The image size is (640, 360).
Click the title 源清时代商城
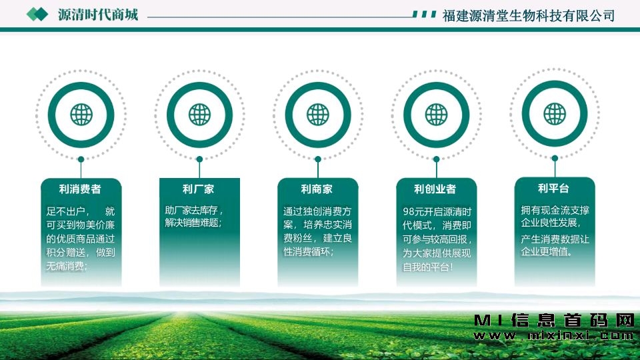click(x=98, y=15)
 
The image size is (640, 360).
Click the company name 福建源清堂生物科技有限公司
click(x=529, y=16)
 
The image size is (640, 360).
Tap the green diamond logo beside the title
click(x=37, y=15)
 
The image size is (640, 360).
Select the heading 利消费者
click(x=80, y=189)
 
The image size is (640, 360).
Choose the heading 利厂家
click(x=199, y=189)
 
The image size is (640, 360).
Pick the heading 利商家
click(x=317, y=189)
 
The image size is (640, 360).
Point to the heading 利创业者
click(x=435, y=189)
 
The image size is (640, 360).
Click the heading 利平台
click(x=553, y=188)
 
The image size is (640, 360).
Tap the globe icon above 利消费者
click(x=81, y=115)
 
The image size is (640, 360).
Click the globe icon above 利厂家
click(x=199, y=115)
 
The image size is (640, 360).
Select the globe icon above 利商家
click(x=318, y=115)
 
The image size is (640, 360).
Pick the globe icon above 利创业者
click(x=436, y=115)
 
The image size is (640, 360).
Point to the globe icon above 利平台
click(x=555, y=114)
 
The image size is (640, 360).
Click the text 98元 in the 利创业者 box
click(x=413, y=212)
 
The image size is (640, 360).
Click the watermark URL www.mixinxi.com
click(x=553, y=336)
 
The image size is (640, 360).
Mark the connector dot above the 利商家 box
click(x=318, y=159)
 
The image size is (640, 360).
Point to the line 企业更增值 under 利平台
click(x=545, y=251)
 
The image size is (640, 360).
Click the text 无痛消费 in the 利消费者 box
click(x=65, y=266)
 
